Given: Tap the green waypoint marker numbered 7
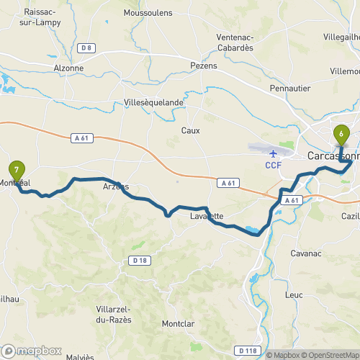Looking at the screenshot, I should pos(17,171).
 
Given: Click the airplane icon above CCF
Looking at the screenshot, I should pos(273,153).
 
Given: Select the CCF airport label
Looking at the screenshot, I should pos(273,165).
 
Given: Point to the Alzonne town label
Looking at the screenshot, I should pos(69,68).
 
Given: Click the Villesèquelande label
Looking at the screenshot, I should pos(154,102).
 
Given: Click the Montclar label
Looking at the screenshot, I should pos(180,324).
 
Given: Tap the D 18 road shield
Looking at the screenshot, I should pos(140,260).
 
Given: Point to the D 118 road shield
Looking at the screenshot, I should pos(246,351).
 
